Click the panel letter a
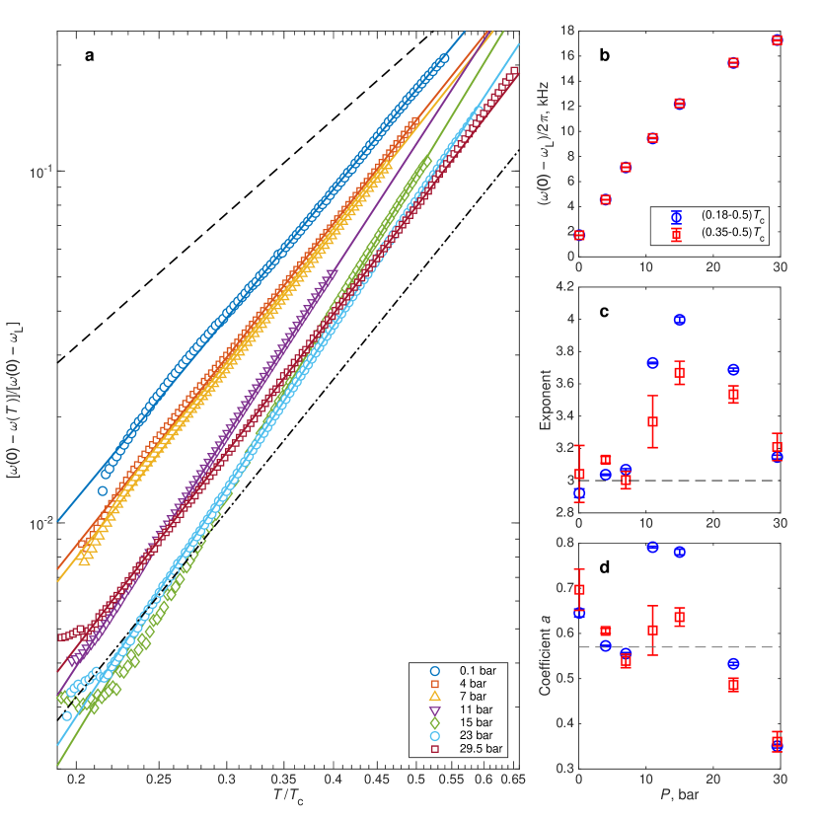click(x=90, y=55)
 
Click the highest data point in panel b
click(x=777, y=39)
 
